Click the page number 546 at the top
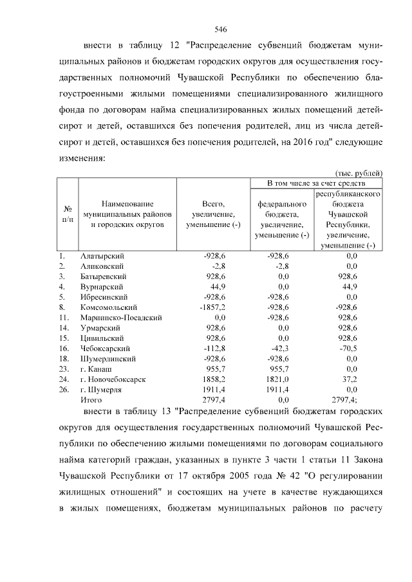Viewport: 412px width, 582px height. click(221, 30)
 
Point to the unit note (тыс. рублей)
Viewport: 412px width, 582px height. click(360, 172)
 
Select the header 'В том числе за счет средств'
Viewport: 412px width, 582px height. click(316, 183)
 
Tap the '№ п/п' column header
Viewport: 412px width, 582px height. click(67, 214)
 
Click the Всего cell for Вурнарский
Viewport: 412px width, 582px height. click(218, 287)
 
